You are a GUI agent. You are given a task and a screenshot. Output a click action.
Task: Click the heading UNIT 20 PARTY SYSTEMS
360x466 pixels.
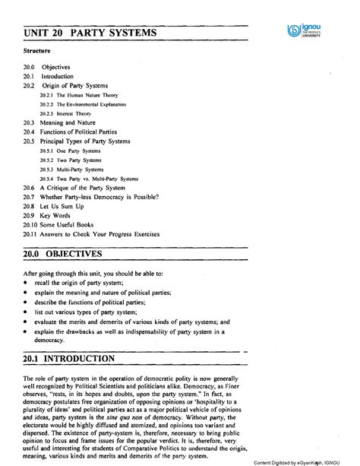[90, 34]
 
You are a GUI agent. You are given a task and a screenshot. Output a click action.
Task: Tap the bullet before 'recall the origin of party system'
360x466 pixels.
[25, 282]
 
